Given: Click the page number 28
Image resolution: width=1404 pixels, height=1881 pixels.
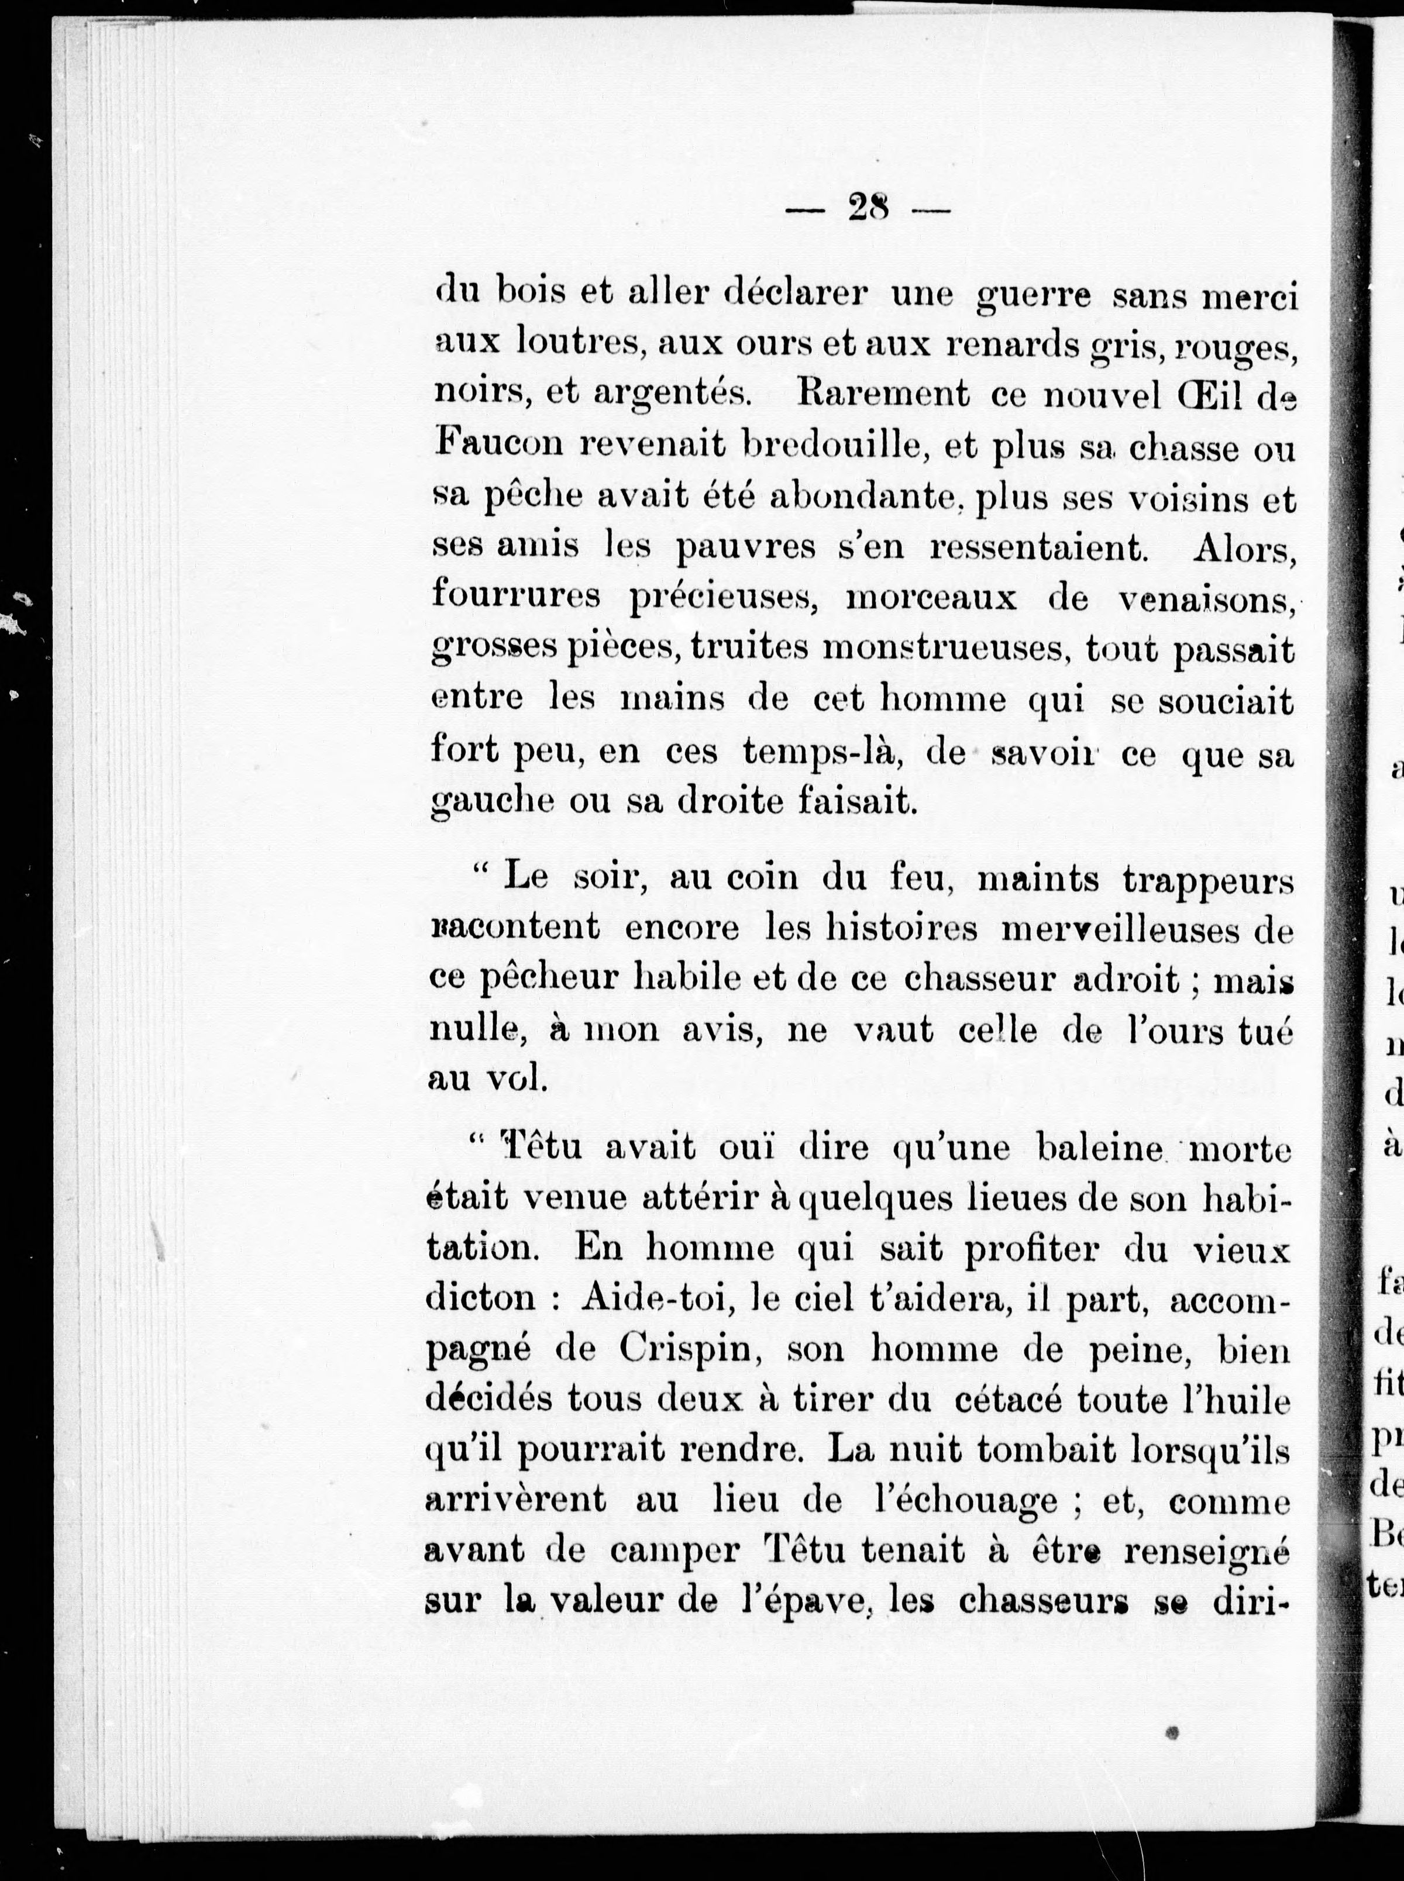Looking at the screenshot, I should tap(868, 206).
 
